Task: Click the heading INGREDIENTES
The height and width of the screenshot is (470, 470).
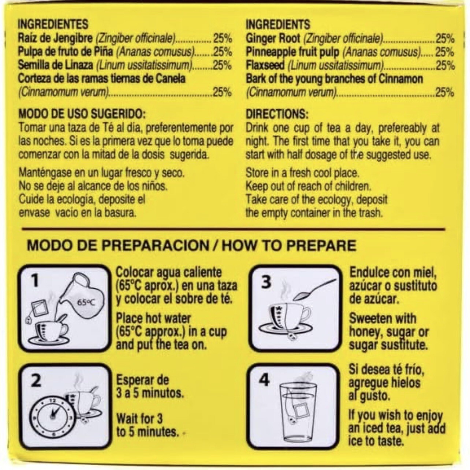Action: [x=53, y=24]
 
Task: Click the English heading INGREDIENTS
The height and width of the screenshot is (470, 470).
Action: [x=278, y=24]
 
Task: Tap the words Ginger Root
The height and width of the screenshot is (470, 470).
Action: [x=273, y=38]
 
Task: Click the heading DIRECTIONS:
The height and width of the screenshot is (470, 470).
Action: [x=277, y=114]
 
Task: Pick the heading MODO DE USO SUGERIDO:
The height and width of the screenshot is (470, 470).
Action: [x=82, y=114]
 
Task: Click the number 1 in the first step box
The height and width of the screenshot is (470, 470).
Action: [x=36, y=281]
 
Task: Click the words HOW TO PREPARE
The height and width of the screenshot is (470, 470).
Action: [x=288, y=246]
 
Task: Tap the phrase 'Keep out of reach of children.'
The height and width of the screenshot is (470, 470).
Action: [x=308, y=187]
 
